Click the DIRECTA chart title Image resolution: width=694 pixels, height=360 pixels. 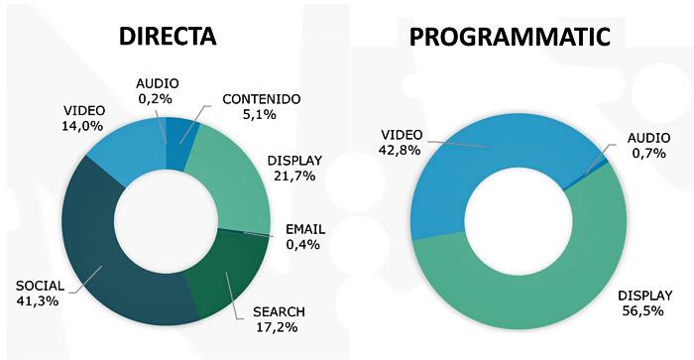click(x=168, y=37)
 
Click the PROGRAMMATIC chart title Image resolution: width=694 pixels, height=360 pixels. click(x=510, y=37)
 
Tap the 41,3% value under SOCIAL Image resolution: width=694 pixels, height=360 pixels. click(x=38, y=301)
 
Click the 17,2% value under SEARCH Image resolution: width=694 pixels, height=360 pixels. click(x=277, y=327)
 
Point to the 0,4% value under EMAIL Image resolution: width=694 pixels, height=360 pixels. click(x=302, y=244)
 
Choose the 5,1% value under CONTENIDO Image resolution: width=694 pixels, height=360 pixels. click(x=260, y=114)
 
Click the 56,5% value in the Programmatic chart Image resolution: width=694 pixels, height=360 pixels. click(x=643, y=310)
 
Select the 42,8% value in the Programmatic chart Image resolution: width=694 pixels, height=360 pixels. click(x=400, y=150)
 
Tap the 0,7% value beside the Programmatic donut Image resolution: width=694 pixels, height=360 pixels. click(x=649, y=153)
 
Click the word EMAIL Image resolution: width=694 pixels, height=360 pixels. click(x=305, y=229)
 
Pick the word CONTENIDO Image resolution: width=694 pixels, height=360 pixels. click(x=262, y=99)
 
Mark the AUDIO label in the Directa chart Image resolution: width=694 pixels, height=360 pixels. click(x=158, y=83)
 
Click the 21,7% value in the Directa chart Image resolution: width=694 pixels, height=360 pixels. click(x=294, y=176)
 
